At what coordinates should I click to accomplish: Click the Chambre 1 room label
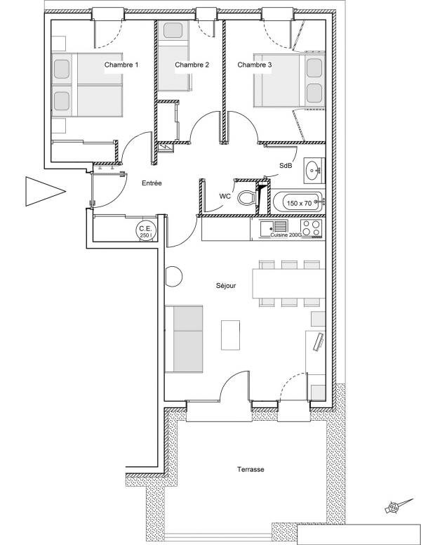(x=121, y=65)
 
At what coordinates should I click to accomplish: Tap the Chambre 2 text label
(x=192, y=65)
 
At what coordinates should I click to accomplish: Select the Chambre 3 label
(x=254, y=65)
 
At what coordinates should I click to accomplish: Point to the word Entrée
(x=152, y=183)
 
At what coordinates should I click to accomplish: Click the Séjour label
(x=226, y=286)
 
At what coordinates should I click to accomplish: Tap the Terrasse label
(x=250, y=469)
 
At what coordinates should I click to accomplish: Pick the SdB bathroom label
(x=286, y=166)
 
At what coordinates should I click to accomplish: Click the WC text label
(x=225, y=197)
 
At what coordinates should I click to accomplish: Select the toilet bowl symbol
(x=247, y=198)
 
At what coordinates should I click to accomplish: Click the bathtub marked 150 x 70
(x=299, y=202)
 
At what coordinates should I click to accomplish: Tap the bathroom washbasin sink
(x=314, y=171)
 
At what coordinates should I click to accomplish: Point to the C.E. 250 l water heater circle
(x=146, y=230)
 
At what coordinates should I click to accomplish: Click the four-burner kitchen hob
(x=311, y=228)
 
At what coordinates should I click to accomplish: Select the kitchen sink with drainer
(x=274, y=227)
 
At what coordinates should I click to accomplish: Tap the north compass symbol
(x=398, y=506)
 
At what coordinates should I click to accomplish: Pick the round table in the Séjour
(x=173, y=276)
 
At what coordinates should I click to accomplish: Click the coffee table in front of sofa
(x=230, y=335)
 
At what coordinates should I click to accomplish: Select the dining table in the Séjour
(x=288, y=284)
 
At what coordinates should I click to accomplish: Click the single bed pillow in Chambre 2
(x=175, y=31)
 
